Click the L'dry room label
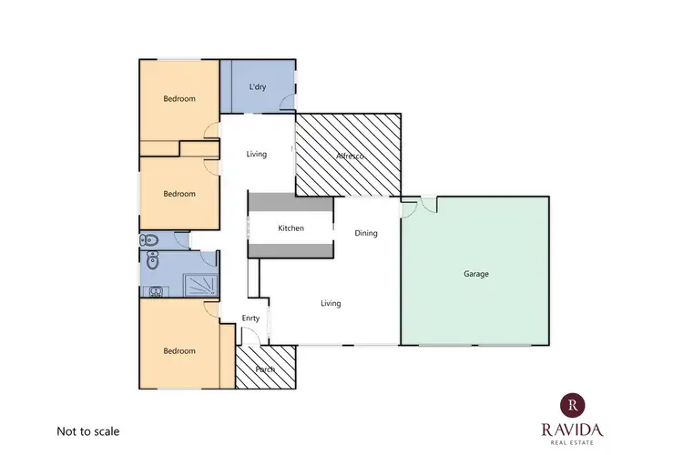(x=258, y=86)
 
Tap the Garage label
(x=475, y=273)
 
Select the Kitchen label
(x=291, y=228)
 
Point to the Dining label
(x=366, y=234)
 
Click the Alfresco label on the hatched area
(x=350, y=157)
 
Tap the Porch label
(x=265, y=369)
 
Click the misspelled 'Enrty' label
(x=251, y=318)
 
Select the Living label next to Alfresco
(x=257, y=154)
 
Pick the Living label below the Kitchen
(x=331, y=303)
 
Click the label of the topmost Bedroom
(x=179, y=98)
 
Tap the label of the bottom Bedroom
(x=179, y=350)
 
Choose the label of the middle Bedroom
(x=179, y=194)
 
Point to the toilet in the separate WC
(x=151, y=241)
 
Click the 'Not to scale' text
(x=88, y=431)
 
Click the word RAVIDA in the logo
(x=571, y=429)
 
